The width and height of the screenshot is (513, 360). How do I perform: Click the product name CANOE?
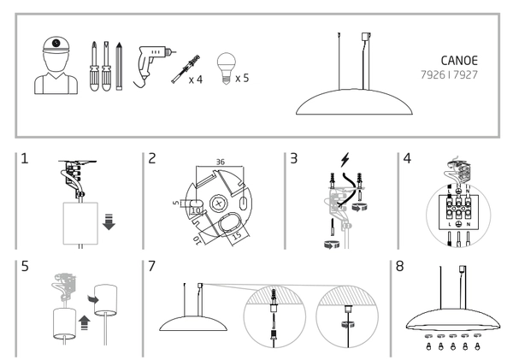[457, 61]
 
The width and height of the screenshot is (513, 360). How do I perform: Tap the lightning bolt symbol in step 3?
[344, 159]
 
